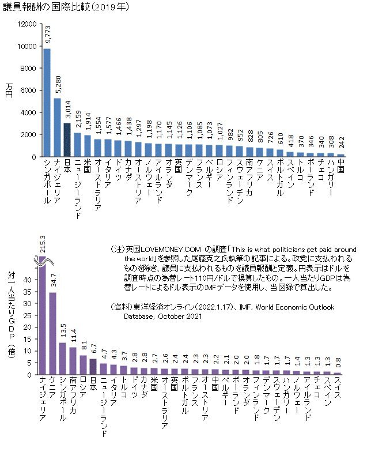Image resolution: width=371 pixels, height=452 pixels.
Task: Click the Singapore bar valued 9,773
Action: (x=47, y=103)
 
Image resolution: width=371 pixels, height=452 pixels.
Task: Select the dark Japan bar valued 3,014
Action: (x=67, y=140)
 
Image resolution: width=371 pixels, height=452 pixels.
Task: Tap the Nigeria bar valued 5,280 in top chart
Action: (x=57, y=127)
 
